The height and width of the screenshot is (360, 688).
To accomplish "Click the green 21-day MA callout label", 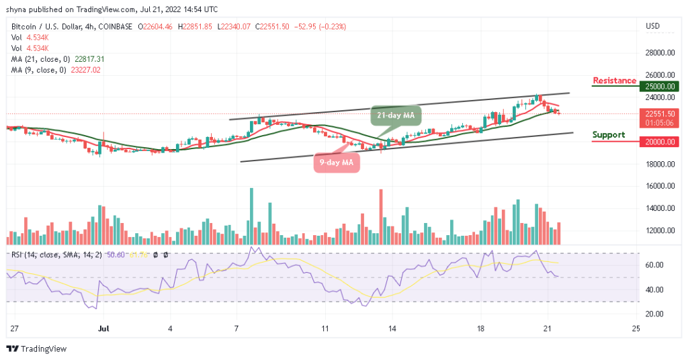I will coord(395,116).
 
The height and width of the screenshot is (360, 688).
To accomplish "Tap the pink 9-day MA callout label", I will coord(337,162).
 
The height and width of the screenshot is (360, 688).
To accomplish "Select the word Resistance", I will coord(614,81).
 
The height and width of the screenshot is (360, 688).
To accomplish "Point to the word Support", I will coord(609,134).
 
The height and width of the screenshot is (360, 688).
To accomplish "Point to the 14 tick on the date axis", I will coord(391,329).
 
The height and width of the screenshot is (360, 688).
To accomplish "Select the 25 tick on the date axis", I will coord(635,329).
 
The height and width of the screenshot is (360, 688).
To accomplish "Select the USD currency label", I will coord(652,27).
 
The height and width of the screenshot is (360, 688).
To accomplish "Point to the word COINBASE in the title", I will coord(114,27).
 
